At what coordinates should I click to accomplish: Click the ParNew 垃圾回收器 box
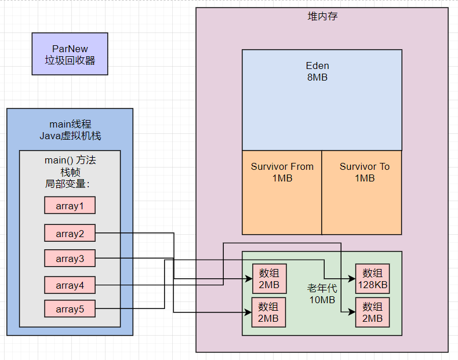tap(70, 54)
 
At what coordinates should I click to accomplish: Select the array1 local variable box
tap(70, 205)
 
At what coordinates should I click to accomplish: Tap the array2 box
tap(70, 233)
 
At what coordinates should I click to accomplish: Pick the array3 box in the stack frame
tap(70, 258)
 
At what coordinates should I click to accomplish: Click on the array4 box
tap(70, 285)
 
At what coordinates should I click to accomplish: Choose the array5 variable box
tap(70, 308)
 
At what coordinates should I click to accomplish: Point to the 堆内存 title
tap(322, 16)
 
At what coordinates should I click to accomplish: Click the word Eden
tap(318, 66)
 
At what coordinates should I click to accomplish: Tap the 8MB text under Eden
tap(317, 77)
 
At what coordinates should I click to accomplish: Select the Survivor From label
tap(282, 166)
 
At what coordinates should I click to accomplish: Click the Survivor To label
tap(365, 166)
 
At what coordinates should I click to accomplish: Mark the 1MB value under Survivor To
tap(365, 178)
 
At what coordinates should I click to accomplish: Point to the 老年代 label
tap(322, 288)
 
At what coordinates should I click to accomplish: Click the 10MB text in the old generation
tap(322, 300)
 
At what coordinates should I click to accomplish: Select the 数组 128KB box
tap(372, 279)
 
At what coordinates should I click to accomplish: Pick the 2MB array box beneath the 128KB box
tap(372, 312)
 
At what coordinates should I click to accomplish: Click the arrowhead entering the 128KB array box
tap(352, 279)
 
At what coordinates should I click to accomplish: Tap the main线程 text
tap(70, 124)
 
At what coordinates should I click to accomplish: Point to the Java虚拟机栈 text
tap(70, 136)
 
